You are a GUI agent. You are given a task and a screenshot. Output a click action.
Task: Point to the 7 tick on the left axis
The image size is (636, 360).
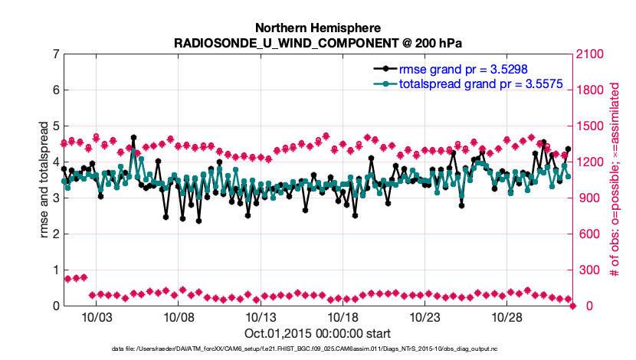54,54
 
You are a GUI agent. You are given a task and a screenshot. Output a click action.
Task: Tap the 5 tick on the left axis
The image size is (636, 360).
54,126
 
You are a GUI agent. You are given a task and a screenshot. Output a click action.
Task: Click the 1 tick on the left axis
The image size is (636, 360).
54,270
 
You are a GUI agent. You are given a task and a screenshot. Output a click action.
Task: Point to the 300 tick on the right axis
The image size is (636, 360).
585,270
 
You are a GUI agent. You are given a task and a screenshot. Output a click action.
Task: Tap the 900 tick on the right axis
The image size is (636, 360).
585,198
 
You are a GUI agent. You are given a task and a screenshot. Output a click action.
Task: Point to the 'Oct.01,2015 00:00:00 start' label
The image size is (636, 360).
317,333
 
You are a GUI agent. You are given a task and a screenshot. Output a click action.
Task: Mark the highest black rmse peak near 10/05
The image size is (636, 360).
133,138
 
